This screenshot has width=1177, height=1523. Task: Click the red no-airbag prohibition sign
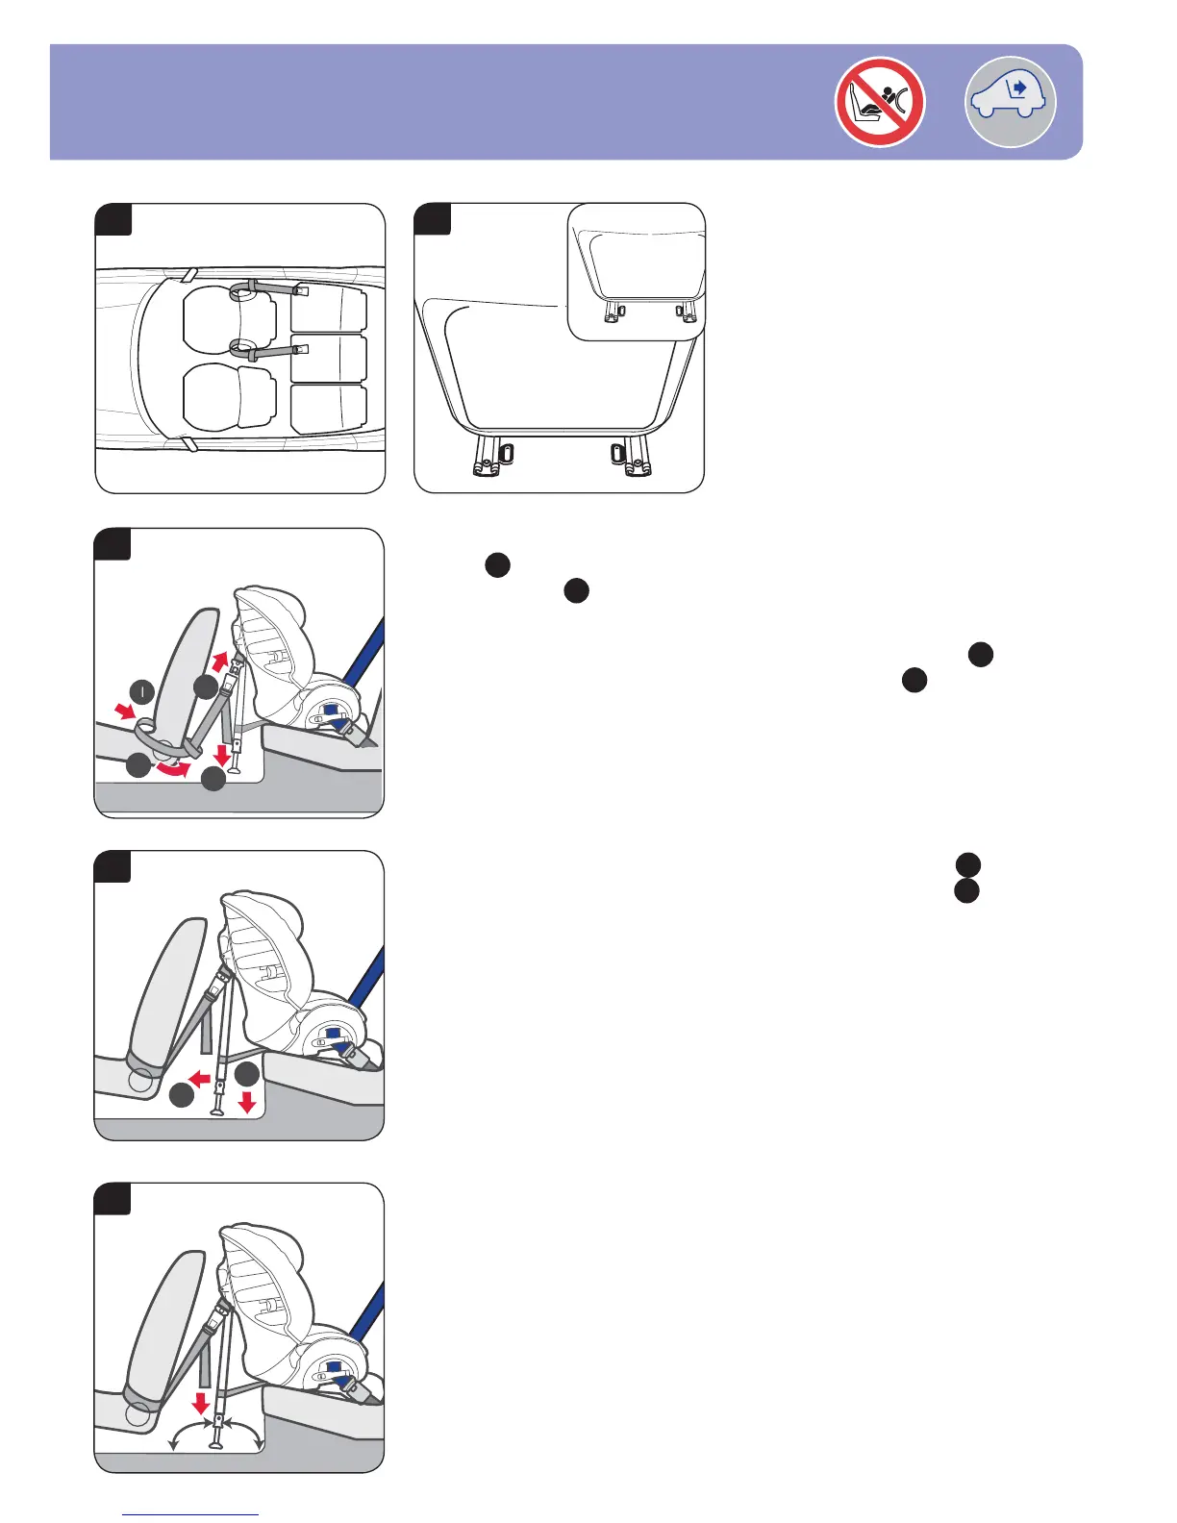click(x=879, y=102)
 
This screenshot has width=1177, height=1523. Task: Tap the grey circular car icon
click(x=1010, y=102)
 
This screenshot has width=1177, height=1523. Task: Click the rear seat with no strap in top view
click(x=329, y=409)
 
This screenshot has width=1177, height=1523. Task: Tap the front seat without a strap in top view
click(x=229, y=395)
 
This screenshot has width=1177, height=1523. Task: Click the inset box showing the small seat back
click(x=636, y=271)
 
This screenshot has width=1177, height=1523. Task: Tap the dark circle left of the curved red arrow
click(x=138, y=765)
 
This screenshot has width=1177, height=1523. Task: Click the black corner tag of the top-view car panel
click(x=113, y=219)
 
